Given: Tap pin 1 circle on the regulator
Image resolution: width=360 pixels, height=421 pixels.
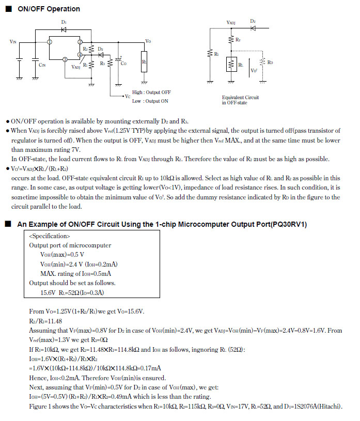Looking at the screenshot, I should coord(49,41).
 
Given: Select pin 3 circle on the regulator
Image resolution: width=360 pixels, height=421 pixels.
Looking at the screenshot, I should coord(65,59).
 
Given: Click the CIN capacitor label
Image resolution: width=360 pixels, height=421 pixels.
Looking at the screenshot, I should coord(42,65).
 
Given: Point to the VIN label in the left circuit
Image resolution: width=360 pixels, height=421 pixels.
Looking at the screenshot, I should coord(12,41).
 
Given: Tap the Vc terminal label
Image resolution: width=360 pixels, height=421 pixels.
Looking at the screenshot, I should coord(127,96).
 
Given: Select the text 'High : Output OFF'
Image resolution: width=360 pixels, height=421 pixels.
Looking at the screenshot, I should coord(151,92).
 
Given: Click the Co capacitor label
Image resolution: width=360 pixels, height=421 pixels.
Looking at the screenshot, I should coord(123,63).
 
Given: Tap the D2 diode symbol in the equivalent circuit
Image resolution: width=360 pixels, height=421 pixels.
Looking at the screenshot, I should coord(253,28).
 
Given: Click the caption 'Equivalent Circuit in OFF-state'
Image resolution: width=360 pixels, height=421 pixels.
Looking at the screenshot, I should coord(240,100).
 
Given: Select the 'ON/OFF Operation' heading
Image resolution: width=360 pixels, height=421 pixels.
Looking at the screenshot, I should coord(49,9).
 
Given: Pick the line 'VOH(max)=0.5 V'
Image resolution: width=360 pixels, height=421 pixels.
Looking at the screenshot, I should coord(62,255).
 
